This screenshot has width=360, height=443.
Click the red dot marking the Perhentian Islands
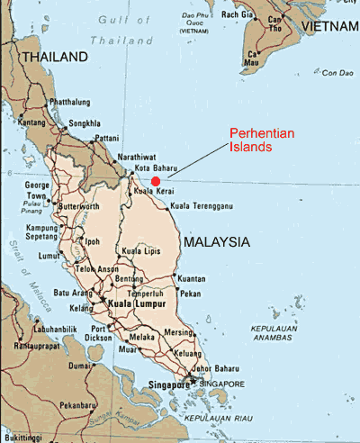point(156,180)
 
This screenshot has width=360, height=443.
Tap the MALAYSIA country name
point(215,242)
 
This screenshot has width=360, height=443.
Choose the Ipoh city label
point(93,241)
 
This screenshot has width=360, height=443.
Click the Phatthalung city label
point(74,102)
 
